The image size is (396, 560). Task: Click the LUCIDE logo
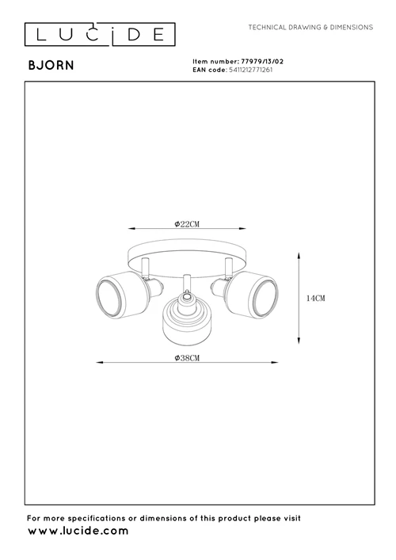tap(100, 34)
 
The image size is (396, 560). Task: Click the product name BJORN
tap(51, 66)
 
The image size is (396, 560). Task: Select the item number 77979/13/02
tap(262, 62)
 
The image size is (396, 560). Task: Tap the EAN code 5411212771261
tap(251, 70)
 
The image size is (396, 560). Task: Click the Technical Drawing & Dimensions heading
tap(310, 27)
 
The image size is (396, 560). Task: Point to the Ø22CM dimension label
tap(187, 224)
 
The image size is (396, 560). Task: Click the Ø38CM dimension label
tap(187, 358)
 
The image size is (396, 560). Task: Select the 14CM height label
tap(316, 298)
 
